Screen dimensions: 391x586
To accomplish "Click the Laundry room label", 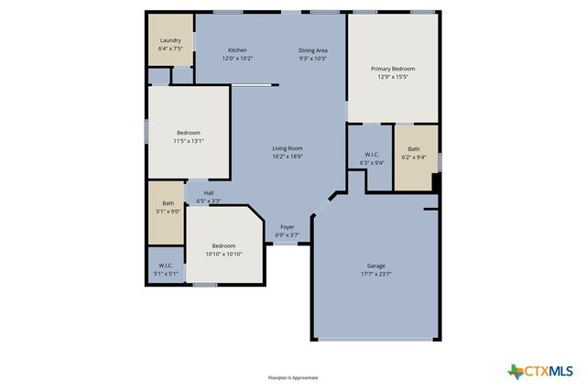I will (170, 40).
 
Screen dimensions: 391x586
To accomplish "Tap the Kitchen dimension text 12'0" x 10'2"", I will (237, 58).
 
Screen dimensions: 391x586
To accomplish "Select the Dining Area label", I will (313, 49).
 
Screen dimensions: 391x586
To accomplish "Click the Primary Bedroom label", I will (393, 69).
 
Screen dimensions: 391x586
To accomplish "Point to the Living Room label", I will (288, 148).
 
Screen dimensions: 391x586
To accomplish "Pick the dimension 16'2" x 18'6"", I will (288, 157).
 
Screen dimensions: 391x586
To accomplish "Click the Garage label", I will (377, 266).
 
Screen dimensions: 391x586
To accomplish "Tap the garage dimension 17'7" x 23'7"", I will (377, 274).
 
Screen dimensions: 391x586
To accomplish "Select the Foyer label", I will (288, 226).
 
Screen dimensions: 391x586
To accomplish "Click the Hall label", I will (209, 192).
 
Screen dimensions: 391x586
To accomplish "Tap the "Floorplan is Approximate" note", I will (293, 377).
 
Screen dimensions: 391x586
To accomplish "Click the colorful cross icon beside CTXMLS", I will (515, 371).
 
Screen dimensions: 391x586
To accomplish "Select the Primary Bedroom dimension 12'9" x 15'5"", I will (393, 77).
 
